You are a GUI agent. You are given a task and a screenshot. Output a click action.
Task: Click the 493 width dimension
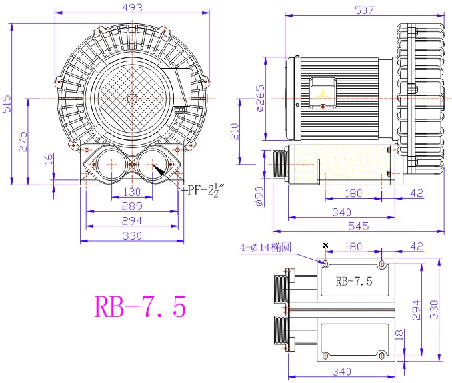tap(132, 7)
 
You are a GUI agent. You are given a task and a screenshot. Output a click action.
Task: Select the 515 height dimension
tap(7, 104)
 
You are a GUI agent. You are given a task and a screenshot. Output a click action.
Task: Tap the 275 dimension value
tap(23, 141)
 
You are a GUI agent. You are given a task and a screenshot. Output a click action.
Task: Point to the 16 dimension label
tap(49, 159)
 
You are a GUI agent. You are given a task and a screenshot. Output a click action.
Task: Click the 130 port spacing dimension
tap(132, 191)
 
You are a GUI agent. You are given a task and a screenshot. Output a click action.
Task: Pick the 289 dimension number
tap(132, 206)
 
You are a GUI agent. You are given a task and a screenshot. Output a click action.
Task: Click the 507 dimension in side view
tap(365, 11)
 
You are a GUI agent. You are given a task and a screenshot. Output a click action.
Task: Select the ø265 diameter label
tap(260, 99)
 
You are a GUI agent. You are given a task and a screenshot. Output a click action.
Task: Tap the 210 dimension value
tap(235, 131)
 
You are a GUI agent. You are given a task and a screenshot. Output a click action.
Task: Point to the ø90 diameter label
tap(259, 197)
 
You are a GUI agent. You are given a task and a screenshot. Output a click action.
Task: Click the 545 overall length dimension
tap(359, 226)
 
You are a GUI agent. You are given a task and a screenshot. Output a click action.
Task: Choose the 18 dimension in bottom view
tap(399, 335)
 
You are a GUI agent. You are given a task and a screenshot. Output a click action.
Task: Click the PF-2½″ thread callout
tap(205, 190)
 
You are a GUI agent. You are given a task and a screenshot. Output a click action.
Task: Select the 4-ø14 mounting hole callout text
tap(265, 248)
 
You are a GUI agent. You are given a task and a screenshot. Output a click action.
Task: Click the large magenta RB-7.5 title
tap(141, 306)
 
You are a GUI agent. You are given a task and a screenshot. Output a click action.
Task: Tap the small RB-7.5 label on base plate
tap(354, 281)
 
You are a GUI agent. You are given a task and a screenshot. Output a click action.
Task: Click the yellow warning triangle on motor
tap(321, 93)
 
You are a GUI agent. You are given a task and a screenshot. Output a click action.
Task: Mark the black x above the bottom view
tap(325, 245)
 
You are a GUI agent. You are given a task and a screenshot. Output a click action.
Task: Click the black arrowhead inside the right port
tap(158, 170)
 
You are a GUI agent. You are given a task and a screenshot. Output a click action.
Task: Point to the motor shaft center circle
tap(132, 99)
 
